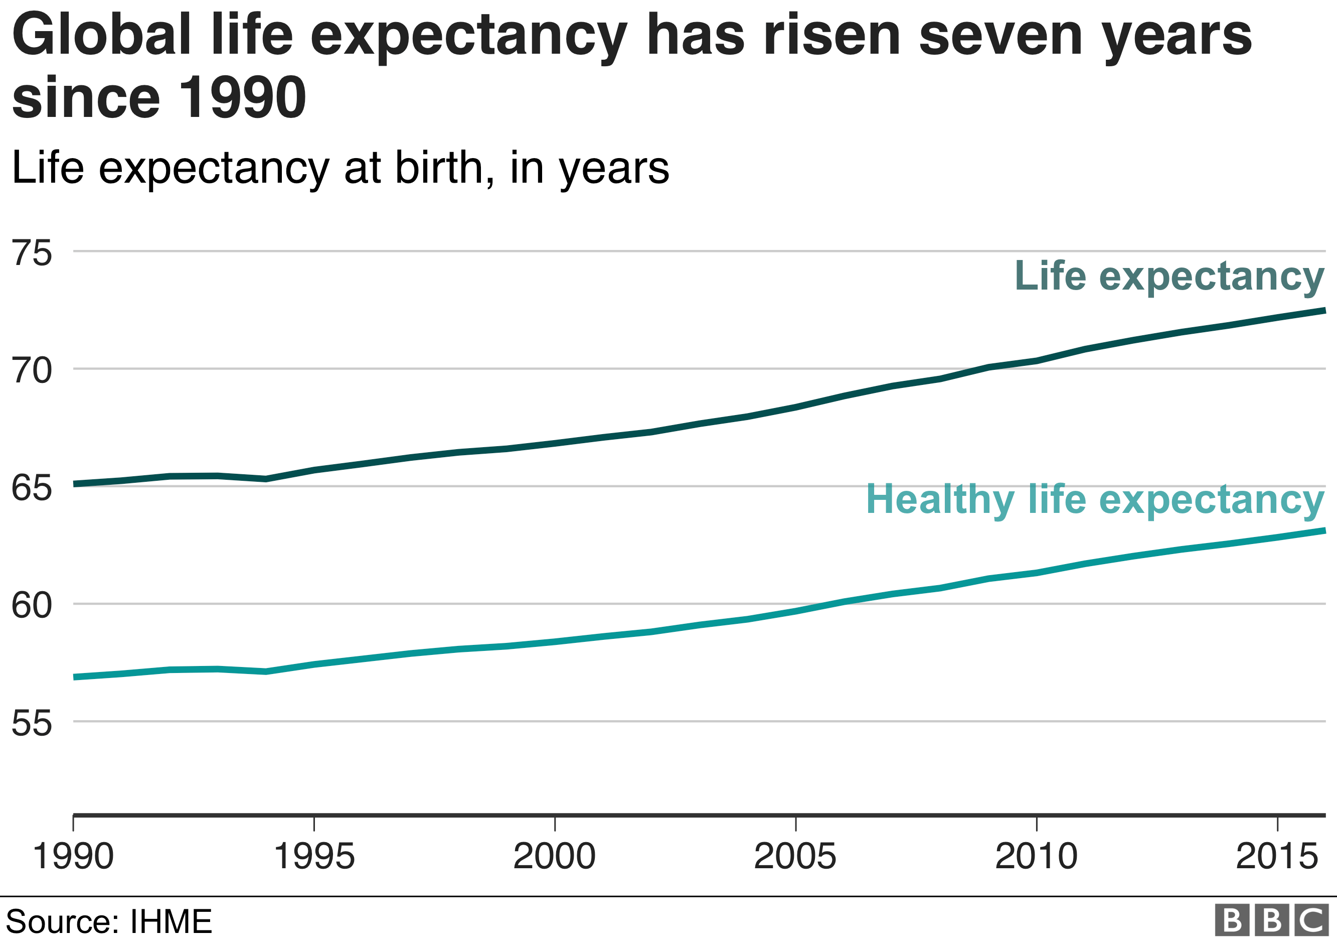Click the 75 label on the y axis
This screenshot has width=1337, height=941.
[x=32, y=253]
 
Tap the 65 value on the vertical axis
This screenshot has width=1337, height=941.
[x=32, y=488]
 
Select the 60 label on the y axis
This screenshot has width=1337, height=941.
[x=32, y=605]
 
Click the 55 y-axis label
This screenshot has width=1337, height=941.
[x=32, y=723]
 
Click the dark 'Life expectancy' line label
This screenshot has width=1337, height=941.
[x=1169, y=276]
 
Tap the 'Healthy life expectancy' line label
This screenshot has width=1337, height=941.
[x=1095, y=499]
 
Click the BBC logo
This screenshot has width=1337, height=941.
[x=1272, y=920]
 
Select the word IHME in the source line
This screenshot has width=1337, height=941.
[x=171, y=921]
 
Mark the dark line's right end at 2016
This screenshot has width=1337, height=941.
[x=1324, y=311]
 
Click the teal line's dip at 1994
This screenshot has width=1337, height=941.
[x=265, y=672]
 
